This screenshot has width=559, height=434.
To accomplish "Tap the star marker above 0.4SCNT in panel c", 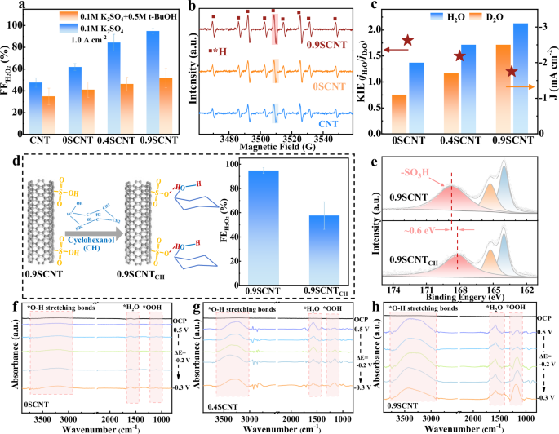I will tap(459, 56).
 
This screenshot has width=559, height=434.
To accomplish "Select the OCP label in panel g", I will tap(360, 318).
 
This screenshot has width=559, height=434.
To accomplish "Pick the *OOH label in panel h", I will tap(517, 307).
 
